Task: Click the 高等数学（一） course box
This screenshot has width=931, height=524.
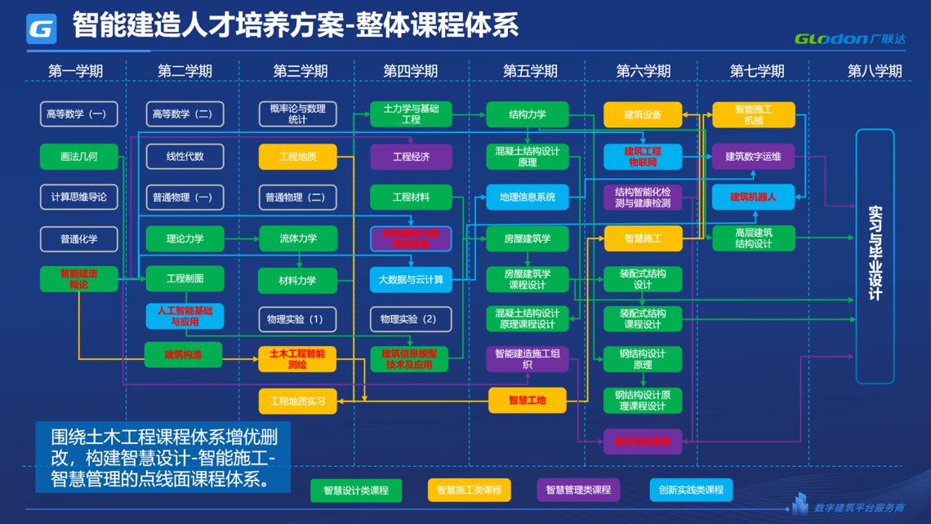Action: pyautogui.click(x=78, y=114)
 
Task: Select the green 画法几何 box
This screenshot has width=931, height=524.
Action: pyautogui.click(x=78, y=156)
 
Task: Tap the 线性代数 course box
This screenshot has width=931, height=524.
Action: pyautogui.click(x=185, y=156)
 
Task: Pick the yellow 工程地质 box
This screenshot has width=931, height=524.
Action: pyautogui.click(x=297, y=156)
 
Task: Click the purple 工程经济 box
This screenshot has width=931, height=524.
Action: pyautogui.click(x=411, y=156)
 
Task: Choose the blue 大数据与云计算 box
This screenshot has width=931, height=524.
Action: pyautogui.click(x=411, y=279)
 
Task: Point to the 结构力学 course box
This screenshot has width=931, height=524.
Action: pyautogui.click(x=527, y=114)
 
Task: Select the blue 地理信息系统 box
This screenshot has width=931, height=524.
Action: pyautogui.click(x=527, y=197)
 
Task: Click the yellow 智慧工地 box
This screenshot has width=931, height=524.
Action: pyautogui.click(x=527, y=400)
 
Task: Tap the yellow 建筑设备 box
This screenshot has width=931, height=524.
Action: pyautogui.click(x=643, y=114)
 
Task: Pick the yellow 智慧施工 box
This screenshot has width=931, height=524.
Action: pyautogui.click(x=643, y=238)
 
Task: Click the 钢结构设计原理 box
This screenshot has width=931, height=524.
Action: pyautogui.click(x=643, y=359)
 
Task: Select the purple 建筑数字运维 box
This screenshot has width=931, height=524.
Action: pyautogui.click(x=753, y=156)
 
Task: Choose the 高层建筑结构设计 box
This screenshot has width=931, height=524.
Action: pyautogui.click(x=753, y=238)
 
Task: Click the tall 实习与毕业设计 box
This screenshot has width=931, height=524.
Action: pyautogui.click(x=875, y=255)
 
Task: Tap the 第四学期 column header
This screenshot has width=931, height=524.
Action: pyautogui.click(x=411, y=71)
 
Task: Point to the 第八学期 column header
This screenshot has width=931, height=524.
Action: pyautogui.click(x=875, y=71)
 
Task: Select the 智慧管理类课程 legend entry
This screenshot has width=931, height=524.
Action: pyautogui.click(x=578, y=490)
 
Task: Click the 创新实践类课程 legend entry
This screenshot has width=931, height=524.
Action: pyautogui.click(x=691, y=490)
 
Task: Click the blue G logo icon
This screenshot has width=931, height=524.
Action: pyautogui.click(x=42, y=29)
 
